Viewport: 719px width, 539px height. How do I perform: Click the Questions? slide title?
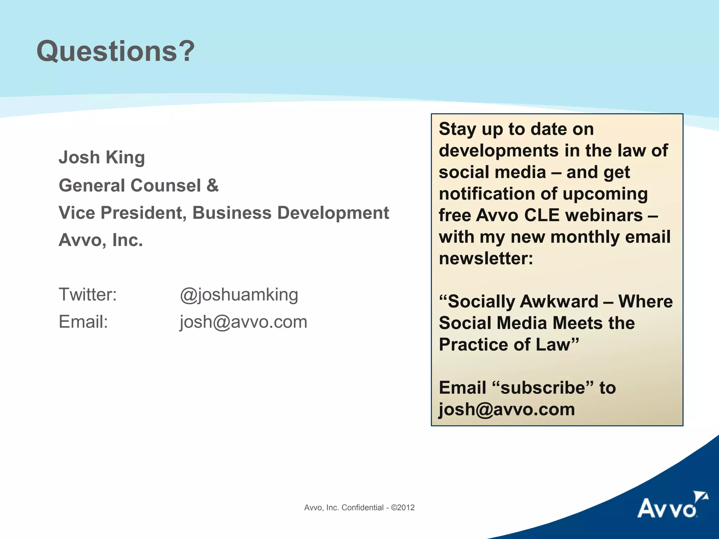pyautogui.click(x=116, y=51)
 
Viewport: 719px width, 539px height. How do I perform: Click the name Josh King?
pyautogui.click(x=101, y=158)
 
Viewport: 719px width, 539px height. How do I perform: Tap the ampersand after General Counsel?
pyautogui.click(x=212, y=185)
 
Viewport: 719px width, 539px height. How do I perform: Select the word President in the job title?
pyautogui.click(x=144, y=213)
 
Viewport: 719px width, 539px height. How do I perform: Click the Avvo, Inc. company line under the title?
pyautogui.click(x=101, y=240)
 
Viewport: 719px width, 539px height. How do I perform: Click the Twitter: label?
pyautogui.click(x=87, y=294)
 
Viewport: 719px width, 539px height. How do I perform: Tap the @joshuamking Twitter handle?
pyautogui.click(x=239, y=295)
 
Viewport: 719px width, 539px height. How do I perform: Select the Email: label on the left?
pyautogui.click(x=83, y=322)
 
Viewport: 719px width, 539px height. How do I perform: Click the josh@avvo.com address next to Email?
pyautogui.click(x=243, y=322)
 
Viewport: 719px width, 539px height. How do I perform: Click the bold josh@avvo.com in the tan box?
pyautogui.click(x=507, y=410)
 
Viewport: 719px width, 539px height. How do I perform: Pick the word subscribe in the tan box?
pyautogui.click(x=543, y=388)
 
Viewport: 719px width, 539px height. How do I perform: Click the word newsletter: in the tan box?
pyautogui.click(x=486, y=259)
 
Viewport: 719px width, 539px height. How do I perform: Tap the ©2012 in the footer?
pyautogui.click(x=403, y=507)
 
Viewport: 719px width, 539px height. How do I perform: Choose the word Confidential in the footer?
pyautogui.click(x=362, y=507)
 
